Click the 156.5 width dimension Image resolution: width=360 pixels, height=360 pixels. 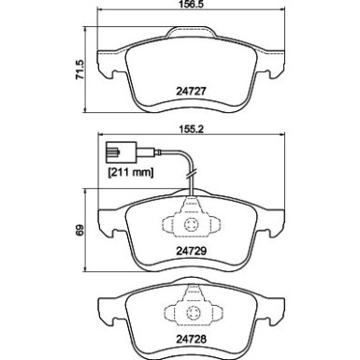coord(192,5)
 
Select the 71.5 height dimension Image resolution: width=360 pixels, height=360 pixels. coord(79,69)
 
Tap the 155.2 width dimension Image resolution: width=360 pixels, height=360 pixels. coord(192,129)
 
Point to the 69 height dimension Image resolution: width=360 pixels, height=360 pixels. coord(80,230)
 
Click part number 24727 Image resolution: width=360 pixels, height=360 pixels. coord(192,91)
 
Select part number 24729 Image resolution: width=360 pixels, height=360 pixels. coord(192,251)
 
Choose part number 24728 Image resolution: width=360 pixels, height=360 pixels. coord(192,339)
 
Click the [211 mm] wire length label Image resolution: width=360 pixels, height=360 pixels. coord(131,172)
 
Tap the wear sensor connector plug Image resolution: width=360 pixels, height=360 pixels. coord(121,152)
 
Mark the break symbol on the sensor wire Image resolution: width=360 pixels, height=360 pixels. coord(191,174)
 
